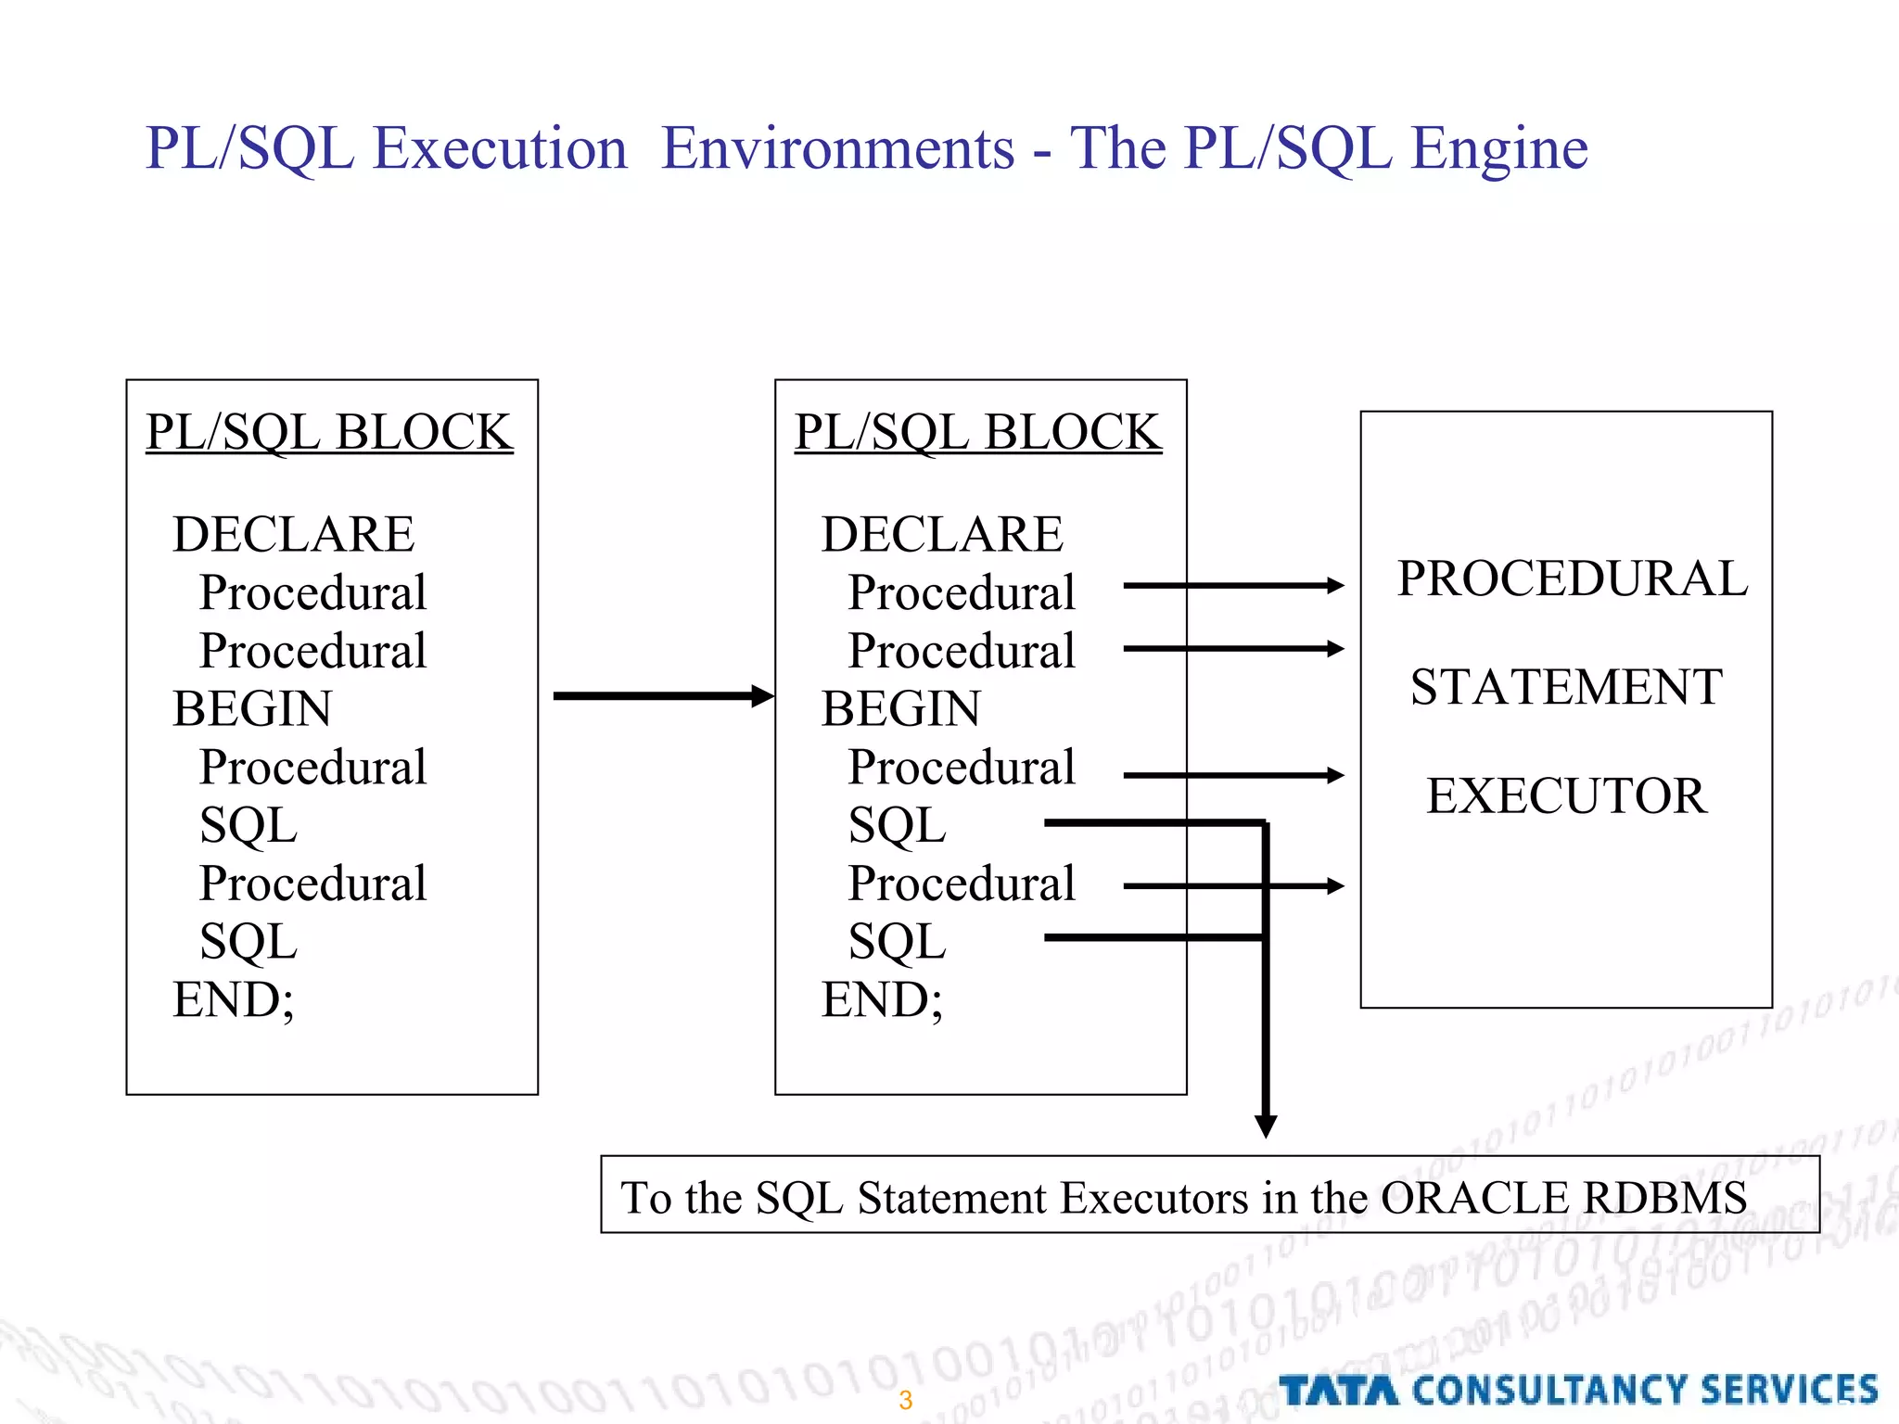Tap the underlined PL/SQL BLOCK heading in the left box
329,432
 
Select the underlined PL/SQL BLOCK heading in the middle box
977,432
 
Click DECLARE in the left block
293,534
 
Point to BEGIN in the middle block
900,709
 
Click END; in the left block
234,1000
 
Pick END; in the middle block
882,1000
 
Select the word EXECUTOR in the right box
1566,796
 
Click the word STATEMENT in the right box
1566,688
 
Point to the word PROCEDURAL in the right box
1572,579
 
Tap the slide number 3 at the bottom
905,1400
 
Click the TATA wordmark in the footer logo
1339,1391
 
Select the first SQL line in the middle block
897,825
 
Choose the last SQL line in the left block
249,942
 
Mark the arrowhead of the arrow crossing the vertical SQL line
1335,886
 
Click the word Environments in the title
838,150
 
